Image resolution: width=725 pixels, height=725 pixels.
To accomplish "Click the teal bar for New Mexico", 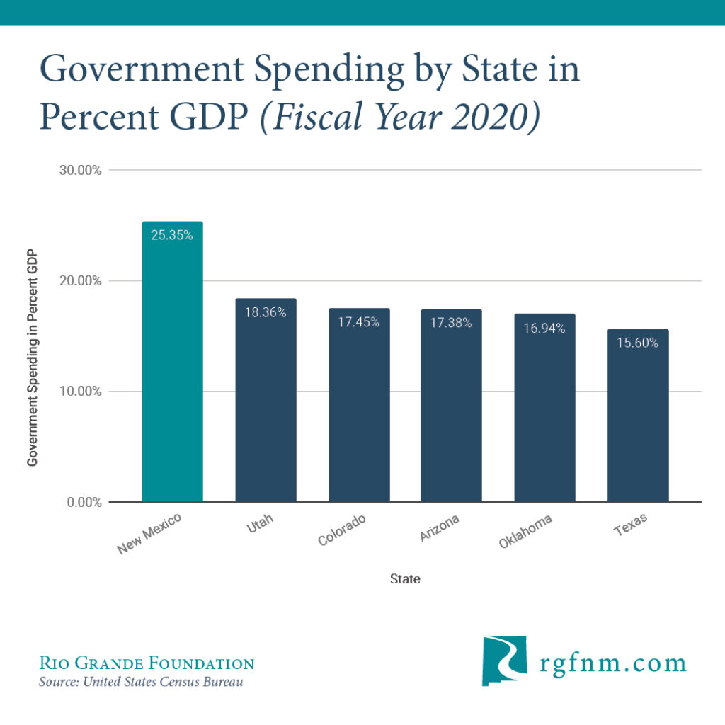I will [x=172, y=368].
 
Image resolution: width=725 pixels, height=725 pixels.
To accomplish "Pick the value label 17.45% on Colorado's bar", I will [x=358, y=322].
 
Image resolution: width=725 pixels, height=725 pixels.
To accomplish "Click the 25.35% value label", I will [x=172, y=235].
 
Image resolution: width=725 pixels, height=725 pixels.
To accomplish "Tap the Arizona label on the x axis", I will [x=440, y=528].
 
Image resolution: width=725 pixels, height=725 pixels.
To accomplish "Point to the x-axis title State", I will [x=405, y=579].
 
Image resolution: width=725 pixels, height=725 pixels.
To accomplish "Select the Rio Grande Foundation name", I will [x=146, y=663].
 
